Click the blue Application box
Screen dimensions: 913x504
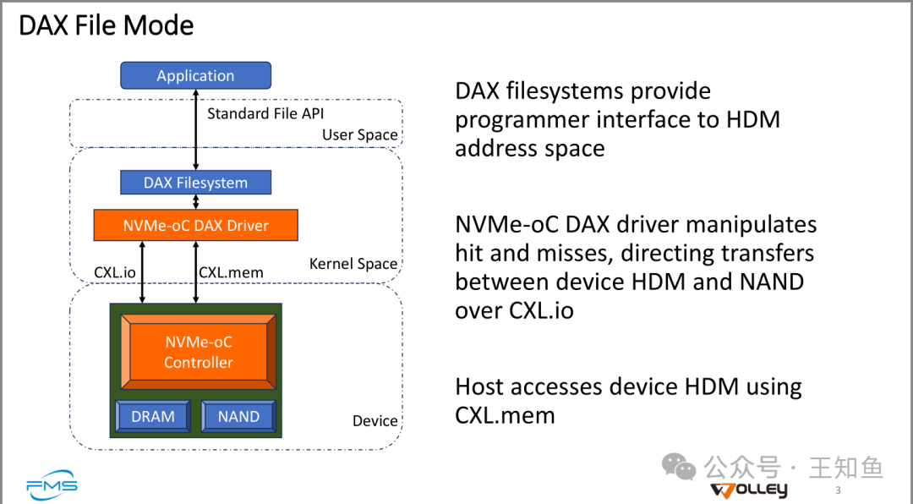[195, 75]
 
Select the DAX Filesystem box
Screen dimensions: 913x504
[195, 183]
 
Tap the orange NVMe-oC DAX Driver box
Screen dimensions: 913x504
[195, 226]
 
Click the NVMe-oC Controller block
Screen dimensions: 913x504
[198, 352]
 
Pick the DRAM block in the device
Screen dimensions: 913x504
[152, 416]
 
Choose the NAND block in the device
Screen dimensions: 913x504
[238, 416]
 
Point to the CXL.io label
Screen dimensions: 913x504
[115, 272]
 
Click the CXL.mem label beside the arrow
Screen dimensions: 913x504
[231, 272]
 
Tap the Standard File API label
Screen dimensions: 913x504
[265, 113]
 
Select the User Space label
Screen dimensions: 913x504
[360, 135]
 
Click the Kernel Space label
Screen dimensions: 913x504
[353, 264]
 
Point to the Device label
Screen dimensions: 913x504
[375, 420]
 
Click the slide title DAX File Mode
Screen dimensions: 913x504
[106, 25]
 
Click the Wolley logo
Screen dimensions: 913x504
[749, 490]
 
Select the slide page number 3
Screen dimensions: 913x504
[838, 490]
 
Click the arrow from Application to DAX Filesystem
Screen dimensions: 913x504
[195, 129]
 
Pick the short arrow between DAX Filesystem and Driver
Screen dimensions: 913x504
[195, 202]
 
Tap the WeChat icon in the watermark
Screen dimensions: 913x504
[678, 468]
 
